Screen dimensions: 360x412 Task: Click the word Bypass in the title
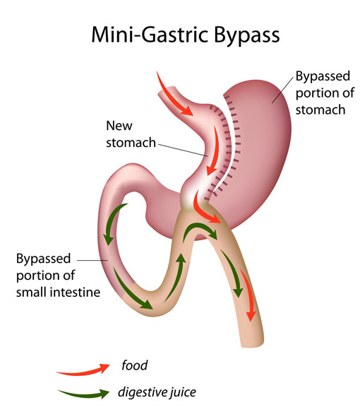[247, 35]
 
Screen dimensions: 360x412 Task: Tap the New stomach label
[131, 134]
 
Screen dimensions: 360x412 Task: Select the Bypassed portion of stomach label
[325, 93]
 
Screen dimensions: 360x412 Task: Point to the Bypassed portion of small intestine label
[58, 276]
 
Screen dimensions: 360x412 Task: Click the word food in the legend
[134, 365]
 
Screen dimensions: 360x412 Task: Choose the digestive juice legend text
[157, 392]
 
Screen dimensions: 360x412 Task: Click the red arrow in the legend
[83, 370]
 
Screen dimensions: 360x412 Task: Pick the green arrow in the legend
[84, 394]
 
